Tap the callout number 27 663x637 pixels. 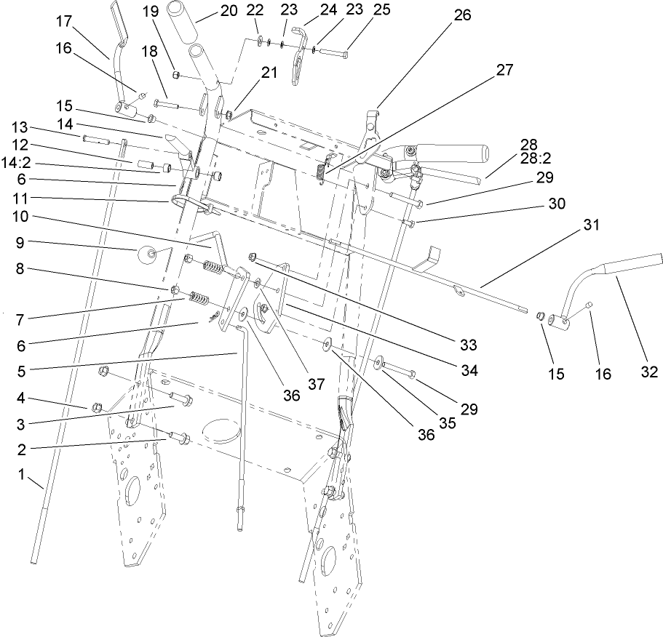(x=504, y=70)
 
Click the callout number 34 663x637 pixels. (x=469, y=371)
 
